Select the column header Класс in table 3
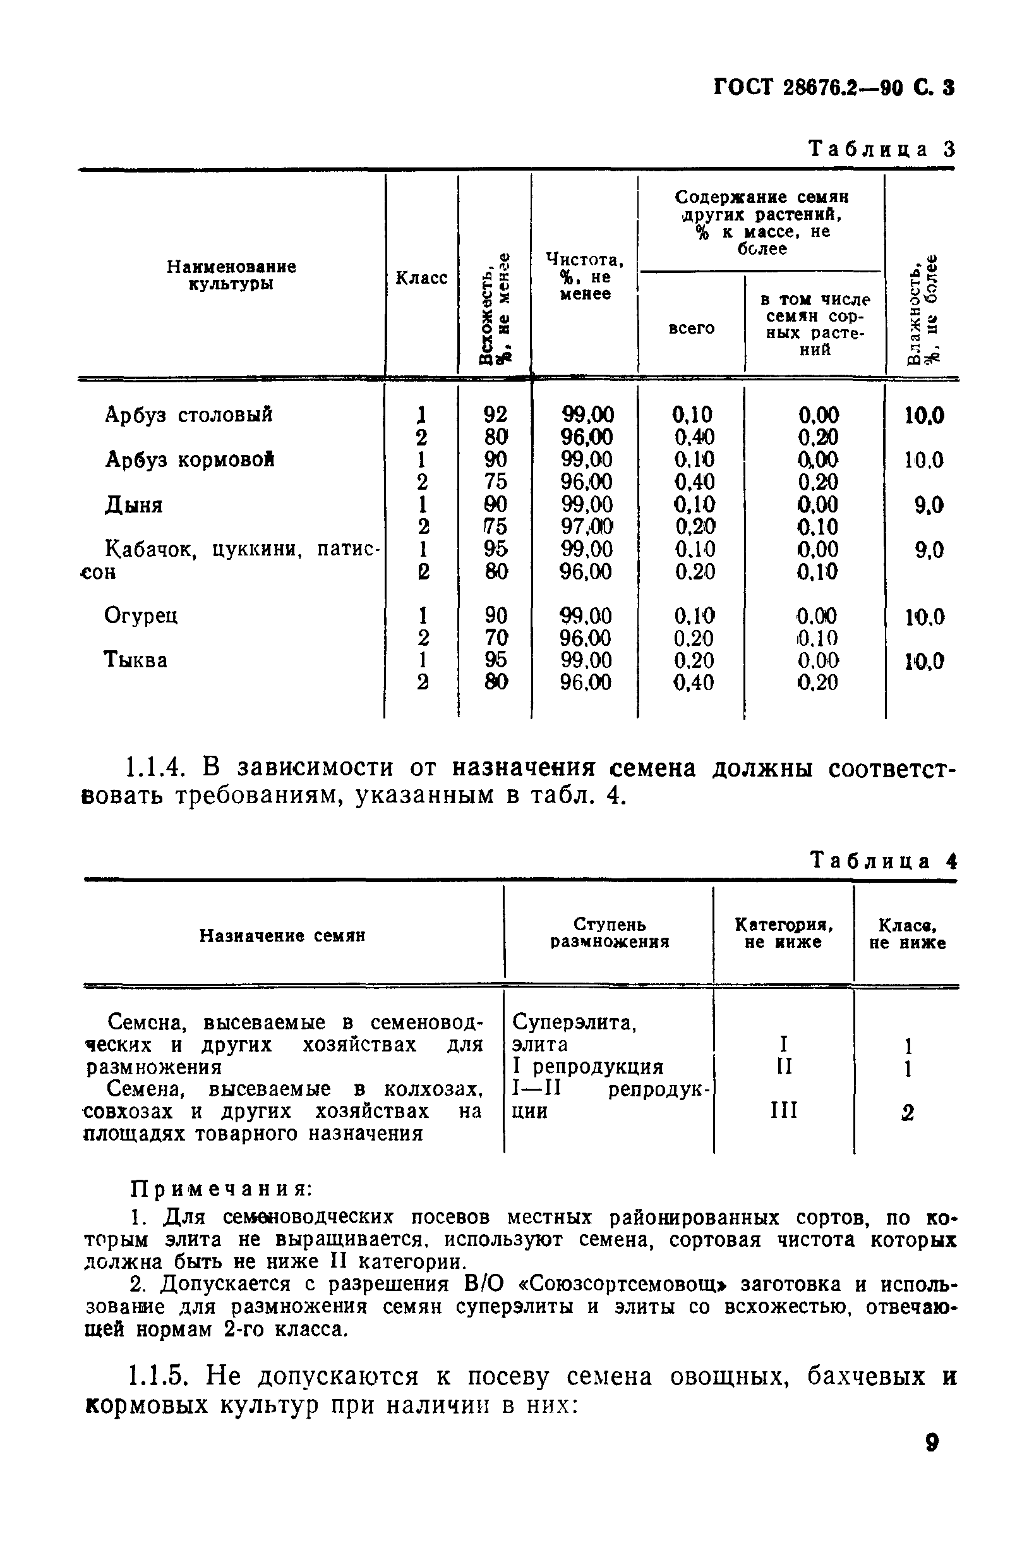421,279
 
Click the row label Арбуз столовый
189,415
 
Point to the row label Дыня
134,506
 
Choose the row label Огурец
141,615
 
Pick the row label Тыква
136,660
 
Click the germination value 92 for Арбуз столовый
495,415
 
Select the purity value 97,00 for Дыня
587,527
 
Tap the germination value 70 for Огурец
495,638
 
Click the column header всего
692,329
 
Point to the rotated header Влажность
915,313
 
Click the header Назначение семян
282,936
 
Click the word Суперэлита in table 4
574,1022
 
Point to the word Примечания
222,1190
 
